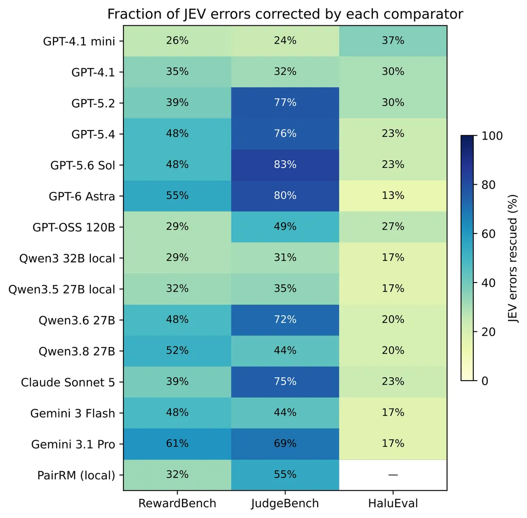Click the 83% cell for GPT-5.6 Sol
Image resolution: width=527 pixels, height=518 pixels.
(285, 165)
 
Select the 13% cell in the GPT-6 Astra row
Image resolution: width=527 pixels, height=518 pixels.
(393, 196)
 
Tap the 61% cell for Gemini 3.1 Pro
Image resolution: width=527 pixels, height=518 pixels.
(177, 444)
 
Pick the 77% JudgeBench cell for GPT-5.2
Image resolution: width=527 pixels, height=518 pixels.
(285, 103)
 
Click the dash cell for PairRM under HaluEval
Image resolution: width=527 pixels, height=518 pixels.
(393, 475)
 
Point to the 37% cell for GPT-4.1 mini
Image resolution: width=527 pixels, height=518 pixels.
(393, 41)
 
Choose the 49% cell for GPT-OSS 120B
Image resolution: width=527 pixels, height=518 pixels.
(285, 227)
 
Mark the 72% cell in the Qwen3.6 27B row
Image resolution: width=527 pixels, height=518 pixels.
(285, 320)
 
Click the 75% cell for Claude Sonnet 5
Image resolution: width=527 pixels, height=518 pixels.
(285, 382)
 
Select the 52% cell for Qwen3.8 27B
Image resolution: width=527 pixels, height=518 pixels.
(177, 351)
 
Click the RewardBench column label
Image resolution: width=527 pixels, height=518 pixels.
(177, 503)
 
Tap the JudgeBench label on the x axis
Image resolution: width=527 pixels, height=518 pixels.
(285, 504)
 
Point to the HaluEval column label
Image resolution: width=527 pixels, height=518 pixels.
(393, 503)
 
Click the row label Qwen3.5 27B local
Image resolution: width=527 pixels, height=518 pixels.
(61, 289)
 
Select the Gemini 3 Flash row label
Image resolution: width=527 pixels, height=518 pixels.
(73, 413)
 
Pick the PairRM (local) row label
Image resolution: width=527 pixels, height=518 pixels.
(76, 475)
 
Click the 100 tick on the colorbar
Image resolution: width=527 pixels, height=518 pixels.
(492, 136)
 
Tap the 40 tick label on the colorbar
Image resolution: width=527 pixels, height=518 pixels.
(488, 283)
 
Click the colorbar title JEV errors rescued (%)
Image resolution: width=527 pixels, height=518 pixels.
(512, 259)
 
